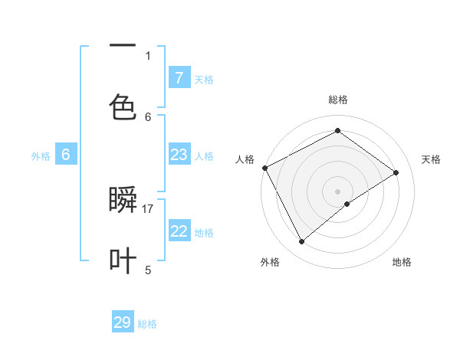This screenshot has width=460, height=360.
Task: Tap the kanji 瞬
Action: coord(123,201)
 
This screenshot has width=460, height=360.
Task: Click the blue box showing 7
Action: coord(179,77)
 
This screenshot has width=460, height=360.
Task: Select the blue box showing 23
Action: coord(179,155)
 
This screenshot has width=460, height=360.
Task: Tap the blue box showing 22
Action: coord(179,231)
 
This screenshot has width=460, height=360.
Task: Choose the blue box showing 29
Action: coord(123,322)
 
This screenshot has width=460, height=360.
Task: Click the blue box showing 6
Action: coord(66,155)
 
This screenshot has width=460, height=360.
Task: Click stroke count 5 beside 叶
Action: coord(148,269)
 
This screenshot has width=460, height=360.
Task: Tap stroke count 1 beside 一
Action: coord(148,55)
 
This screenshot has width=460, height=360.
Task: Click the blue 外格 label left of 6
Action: coord(41,155)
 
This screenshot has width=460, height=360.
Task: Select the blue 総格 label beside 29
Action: coord(147,324)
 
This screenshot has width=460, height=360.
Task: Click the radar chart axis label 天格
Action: coord(431,159)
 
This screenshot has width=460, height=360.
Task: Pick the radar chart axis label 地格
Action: coord(402,263)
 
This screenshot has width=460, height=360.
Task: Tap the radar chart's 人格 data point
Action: coord(264,168)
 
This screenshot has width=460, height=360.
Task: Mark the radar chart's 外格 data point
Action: coord(301,242)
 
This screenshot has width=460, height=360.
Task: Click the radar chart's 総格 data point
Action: coord(337,131)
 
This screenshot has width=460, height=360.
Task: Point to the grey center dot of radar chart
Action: coord(337,190)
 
